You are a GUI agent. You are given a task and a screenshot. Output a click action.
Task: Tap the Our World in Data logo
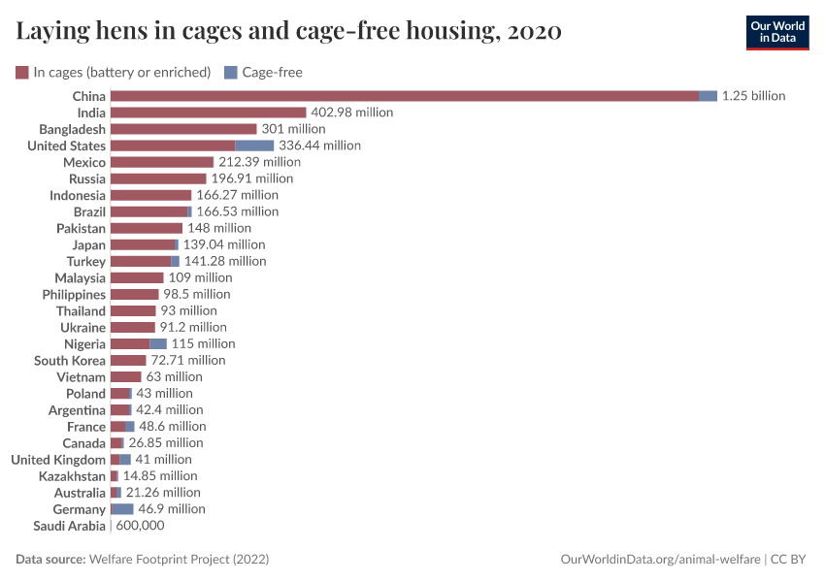click(778, 31)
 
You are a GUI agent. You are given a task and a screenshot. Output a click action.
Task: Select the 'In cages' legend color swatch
click(22, 72)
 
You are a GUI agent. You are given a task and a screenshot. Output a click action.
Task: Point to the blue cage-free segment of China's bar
click(708, 96)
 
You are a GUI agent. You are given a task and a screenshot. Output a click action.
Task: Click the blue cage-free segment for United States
click(254, 145)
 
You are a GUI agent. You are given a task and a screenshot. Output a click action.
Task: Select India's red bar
click(208, 113)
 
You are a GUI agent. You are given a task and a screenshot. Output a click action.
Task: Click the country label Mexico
click(84, 162)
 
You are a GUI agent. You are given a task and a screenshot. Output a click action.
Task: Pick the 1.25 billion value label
click(753, 96)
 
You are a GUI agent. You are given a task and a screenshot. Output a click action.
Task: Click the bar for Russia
click(158, 178)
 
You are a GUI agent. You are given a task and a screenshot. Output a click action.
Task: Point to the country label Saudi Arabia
click(69, 526)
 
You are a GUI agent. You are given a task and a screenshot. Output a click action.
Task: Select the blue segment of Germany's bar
click(123, 509)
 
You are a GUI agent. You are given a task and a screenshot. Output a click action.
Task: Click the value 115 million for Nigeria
click(203, 343)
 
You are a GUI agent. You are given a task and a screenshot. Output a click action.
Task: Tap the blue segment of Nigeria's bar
click(158, 343)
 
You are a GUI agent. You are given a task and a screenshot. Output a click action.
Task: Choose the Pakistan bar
click(147, 228)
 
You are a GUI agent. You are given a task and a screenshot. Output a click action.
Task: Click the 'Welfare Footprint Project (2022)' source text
click(179, 560)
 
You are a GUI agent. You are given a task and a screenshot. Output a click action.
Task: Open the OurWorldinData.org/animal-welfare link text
click(661, 560)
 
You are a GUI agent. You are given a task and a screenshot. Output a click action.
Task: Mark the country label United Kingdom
click(58, 460)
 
